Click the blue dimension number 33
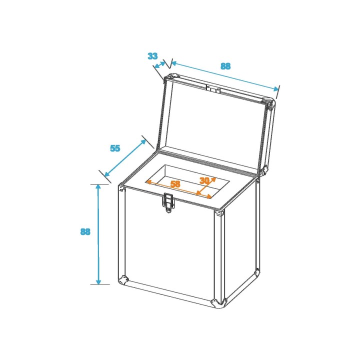152,56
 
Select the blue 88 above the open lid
225,66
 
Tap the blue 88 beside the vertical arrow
85,231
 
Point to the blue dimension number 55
115,148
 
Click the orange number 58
175,183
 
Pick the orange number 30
204,180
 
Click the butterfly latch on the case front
168,202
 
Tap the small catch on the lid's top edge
213,88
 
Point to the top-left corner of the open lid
170,78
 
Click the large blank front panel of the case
167,245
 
